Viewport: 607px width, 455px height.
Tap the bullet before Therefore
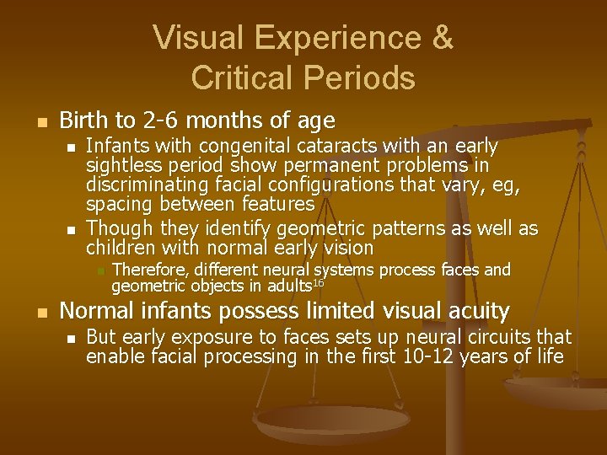98,271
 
